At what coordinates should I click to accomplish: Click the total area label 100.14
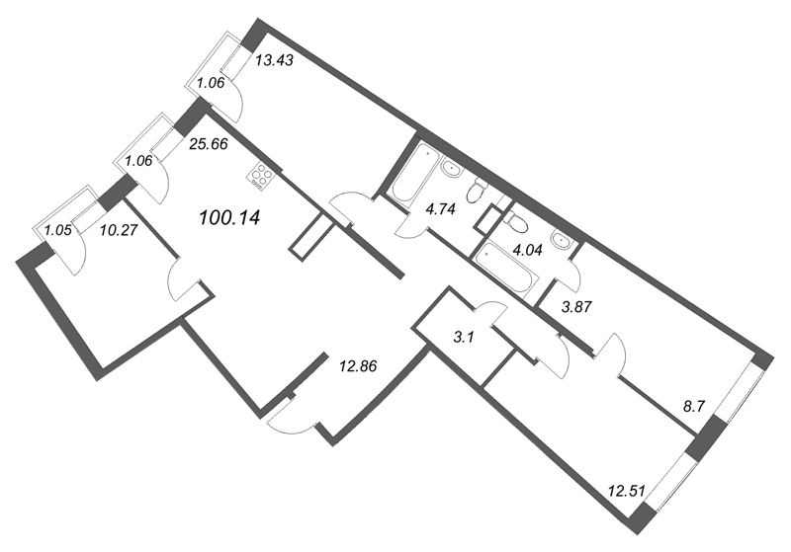tap(229, 217)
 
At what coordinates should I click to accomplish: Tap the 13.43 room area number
tap(274, 61)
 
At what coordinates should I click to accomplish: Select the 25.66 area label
tap(209, 144)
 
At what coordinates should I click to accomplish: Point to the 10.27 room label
tap(119, 230)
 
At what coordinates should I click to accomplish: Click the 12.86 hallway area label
tap(358, 366)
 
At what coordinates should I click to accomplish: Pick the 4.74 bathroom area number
tap(440, 208)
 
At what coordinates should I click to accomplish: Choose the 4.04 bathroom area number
tap(526, 250)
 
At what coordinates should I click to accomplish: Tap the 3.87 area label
tap(576, 307)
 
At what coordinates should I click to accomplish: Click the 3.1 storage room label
tap(462, 338)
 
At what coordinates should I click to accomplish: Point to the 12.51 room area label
tap(627, 490)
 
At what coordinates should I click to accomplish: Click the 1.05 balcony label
tap(57, 231)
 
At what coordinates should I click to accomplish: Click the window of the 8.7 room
tap(740, 389)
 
